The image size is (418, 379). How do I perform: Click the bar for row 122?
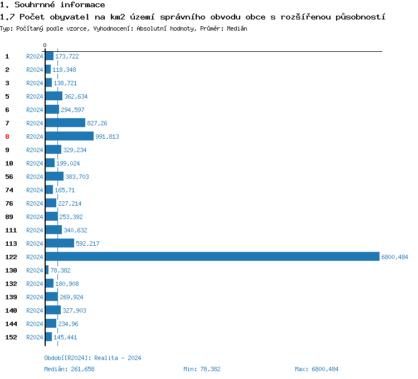click(212, 257)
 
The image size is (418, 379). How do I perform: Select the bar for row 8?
click(69, 137)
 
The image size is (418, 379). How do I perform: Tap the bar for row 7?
click(65, 123)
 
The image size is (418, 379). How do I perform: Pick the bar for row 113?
click(60, 244)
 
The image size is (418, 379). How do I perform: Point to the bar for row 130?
click(47, 270)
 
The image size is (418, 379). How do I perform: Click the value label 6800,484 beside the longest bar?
click(395, 257)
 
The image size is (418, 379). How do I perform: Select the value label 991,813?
click(107, 137)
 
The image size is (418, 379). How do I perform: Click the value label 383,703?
click(77, 177)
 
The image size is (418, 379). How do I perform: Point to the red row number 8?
click(7, 137)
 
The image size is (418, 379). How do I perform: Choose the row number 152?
click(11, 337)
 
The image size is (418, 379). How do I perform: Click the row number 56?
click(9, 177)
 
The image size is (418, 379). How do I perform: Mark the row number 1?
click(7, 56)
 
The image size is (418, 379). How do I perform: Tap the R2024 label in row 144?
click(35, 324)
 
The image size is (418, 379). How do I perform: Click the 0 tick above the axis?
click(45, 45)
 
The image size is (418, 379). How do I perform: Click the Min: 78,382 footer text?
click(202, 369)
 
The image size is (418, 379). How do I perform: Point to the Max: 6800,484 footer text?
click(317, 369)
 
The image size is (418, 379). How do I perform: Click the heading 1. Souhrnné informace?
click(52, 5)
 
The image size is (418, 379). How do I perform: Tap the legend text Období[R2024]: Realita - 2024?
click(93, 358)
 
